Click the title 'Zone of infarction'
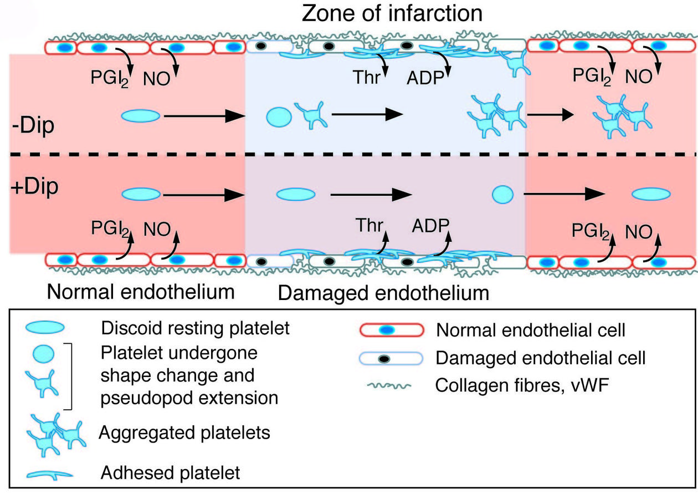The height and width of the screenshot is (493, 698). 392,13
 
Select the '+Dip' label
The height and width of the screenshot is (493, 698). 34,187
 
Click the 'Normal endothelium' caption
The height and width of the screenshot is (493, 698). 141,291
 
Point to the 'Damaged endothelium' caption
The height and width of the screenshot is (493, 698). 383,292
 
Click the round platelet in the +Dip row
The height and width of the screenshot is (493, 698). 503,194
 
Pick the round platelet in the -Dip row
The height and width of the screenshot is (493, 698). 279,116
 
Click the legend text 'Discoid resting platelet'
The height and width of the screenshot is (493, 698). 196,328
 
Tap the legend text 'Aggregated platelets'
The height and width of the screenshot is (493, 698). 184,432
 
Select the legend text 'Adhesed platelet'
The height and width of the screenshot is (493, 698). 171,472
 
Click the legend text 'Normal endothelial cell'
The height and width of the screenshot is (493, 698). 531,331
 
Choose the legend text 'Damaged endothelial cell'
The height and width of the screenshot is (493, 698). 541,358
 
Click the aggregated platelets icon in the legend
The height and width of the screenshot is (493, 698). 55,432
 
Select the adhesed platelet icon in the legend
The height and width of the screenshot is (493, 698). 49,473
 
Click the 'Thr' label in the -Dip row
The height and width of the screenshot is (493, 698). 367,78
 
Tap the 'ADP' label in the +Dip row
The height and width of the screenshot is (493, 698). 430,226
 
